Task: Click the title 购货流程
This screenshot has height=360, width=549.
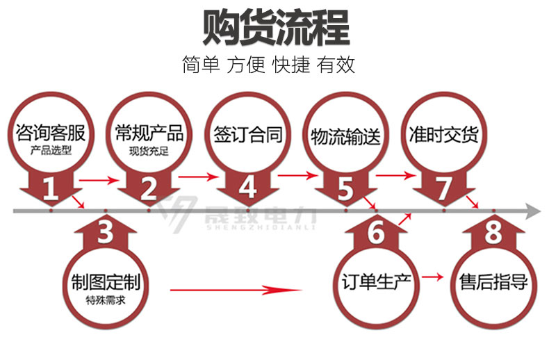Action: click(x=276, y=28)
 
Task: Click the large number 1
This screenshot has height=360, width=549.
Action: click(x=51, y=189)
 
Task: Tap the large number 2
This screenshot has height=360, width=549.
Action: click(x=149, y=188)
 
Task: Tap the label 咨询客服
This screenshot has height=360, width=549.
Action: click(x=51, y=133)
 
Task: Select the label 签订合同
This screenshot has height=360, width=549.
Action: click(x=248, y=135)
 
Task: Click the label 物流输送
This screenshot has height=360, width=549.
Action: click(x=345, y=137)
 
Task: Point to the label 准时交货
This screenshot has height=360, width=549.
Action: click(x=443, y=135)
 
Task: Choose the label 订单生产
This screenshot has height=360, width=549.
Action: click(x=376, y=282)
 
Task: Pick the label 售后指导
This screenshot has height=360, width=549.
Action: click(x=493, y=282)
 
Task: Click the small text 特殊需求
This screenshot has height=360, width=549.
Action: click(x=106, y=300)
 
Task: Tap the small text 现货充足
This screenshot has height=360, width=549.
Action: click(x=149, y=152)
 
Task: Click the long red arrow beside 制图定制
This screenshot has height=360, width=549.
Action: click(x=236, y=290)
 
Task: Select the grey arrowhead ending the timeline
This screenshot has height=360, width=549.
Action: click(x=533, y=211)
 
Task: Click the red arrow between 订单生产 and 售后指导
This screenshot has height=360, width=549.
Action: click(x=433, y=277)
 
